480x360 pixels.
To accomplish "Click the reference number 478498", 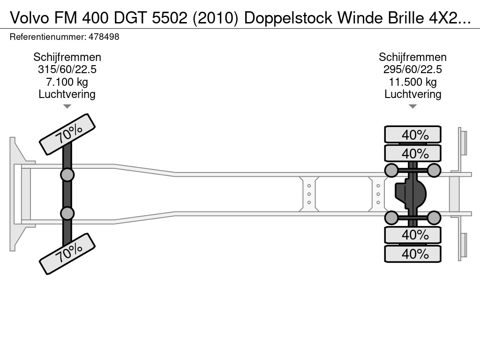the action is coord(104,37).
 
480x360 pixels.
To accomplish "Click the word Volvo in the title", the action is coord(30,18).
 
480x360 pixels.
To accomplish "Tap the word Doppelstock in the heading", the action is coord(288,18).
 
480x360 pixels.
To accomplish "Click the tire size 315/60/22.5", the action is coord(67,69).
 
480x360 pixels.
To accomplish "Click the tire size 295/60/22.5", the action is coord(412,69).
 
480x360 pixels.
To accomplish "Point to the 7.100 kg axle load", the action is coord(67,82).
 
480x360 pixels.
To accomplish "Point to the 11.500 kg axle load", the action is coord(412,82).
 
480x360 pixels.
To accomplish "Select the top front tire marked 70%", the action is coord(67,135).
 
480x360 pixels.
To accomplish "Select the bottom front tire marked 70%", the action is coord(67,254).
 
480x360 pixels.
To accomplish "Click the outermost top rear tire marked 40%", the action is coord(412,135).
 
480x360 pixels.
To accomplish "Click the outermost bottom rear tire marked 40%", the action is coord(412,254).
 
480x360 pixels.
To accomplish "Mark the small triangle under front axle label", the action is coord(67,106).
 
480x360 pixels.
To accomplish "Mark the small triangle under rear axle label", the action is coord(412,106).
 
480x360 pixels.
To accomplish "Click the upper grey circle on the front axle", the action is coord(67,175).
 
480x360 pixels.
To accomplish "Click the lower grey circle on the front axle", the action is coord(67,213).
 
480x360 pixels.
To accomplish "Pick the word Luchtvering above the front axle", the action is coord(67,94).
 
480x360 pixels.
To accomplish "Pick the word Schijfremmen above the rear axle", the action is coord(412,57).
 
